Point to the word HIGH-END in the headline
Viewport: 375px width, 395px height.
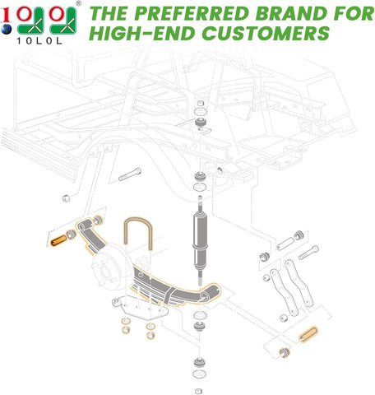click(x=133, y=34)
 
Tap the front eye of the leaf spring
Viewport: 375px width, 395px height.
click(x=84, y=225)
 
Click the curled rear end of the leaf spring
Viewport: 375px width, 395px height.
click(x=215, y=289)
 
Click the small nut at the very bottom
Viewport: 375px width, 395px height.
click(x=199, y=389)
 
